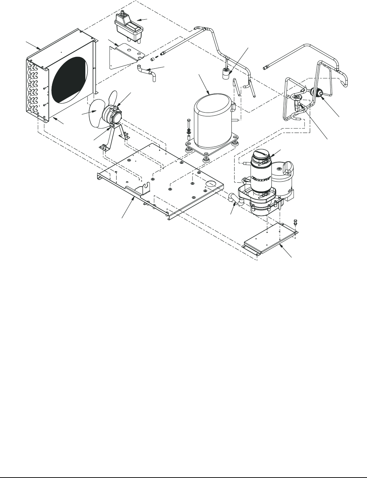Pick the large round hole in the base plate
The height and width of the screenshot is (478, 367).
(210, 183)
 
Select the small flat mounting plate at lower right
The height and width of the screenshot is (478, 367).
(270, 241)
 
